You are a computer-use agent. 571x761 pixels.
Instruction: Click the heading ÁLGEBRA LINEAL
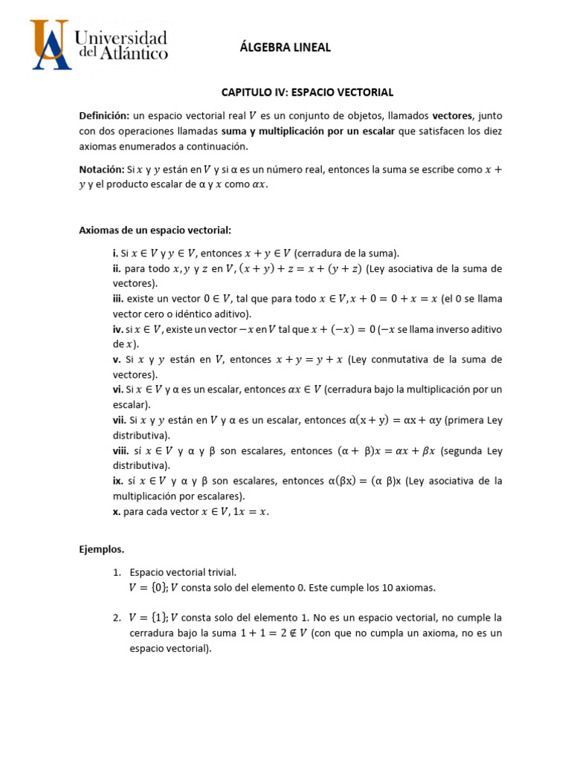coord(285,48)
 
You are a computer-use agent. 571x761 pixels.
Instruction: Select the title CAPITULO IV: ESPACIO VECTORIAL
coord(307,92)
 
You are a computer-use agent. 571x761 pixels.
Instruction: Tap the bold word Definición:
coord(104,116)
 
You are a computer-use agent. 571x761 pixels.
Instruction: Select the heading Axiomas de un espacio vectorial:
coord(155,230)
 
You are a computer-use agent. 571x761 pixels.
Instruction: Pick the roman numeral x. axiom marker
coord(117,511)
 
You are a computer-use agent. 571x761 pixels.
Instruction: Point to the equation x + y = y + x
coord(309,360)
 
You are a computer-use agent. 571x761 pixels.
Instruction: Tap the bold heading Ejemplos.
coord(102,550)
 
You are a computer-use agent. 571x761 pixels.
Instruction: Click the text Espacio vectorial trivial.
coord(183,573)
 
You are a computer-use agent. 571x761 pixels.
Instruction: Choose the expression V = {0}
coord(148,588)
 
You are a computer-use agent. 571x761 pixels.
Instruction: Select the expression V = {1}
coord(148,618)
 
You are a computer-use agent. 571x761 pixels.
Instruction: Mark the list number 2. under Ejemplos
coord(117,618)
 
